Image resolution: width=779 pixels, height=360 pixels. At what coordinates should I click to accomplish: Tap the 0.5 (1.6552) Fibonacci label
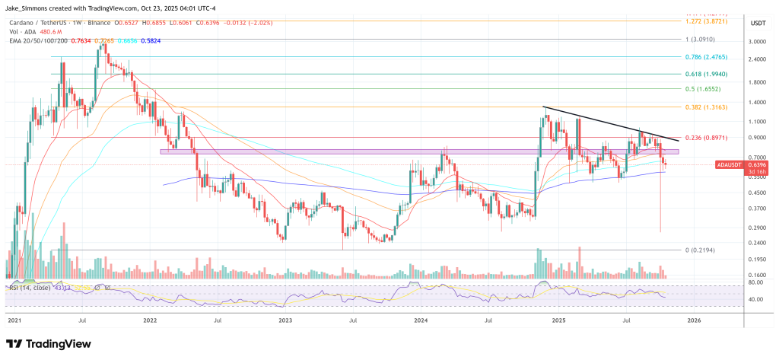tap(701, 89)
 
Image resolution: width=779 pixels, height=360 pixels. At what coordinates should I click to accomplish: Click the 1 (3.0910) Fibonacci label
tap(701, 39)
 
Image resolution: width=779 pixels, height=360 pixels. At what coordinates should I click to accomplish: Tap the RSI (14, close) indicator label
tap(31, 288)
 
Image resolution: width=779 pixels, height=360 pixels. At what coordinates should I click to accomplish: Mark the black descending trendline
tap(609, 123)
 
